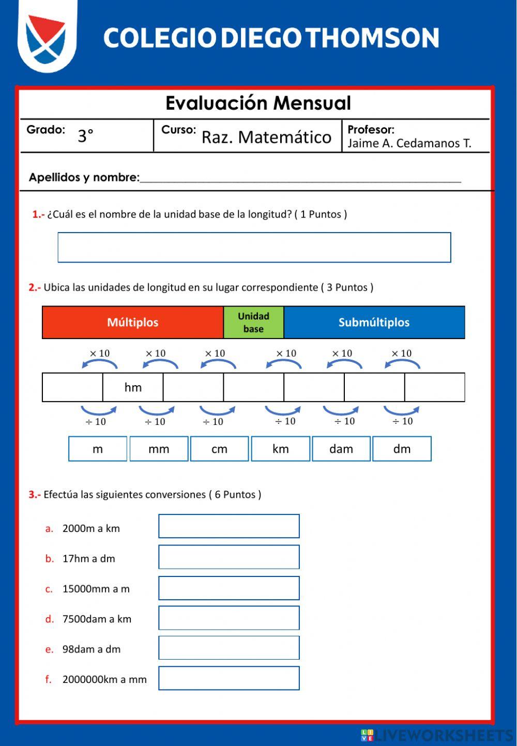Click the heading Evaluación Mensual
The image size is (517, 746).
coord(258,103)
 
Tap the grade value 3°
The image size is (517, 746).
coord(85,136)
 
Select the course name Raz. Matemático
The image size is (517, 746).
coord(266,138)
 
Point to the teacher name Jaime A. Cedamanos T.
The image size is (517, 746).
coord(409,143)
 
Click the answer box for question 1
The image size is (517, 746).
coord(254,248)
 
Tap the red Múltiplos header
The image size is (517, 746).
coord(133,323)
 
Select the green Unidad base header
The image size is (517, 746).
coord(253,323)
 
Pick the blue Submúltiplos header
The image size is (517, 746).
coord(374,323)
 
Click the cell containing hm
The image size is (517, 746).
coord(133,387)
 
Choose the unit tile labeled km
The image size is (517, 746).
coord(281,449)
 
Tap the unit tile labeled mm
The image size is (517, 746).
coord(159,449)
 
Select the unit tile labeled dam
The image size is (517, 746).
coord(341,449)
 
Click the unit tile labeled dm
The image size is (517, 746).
coord(402,449)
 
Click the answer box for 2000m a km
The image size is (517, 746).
coord(229,526)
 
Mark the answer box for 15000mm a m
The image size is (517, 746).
coord(229,588)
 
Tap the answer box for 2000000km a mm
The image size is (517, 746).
coord(229,678)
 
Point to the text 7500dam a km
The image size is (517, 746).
coord(97,619)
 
